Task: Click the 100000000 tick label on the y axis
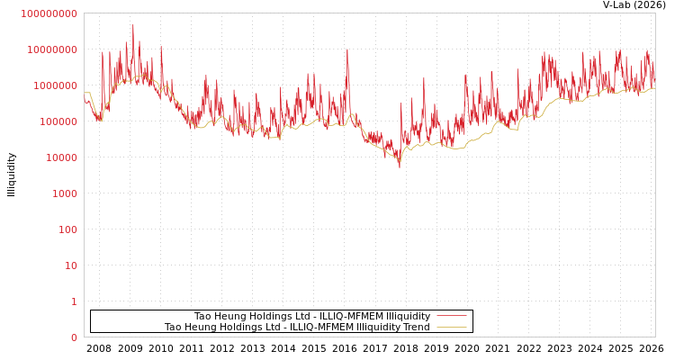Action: pyautogui.click(x=49, y=13)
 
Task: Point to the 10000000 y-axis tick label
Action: pyautogui.click(x=52, y=49)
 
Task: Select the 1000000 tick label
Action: pyautogui.click(x=55, y=85)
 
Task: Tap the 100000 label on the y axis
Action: pyautogui.click(x=58, y=121)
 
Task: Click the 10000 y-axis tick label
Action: pyautogui.click(x=60, y=157)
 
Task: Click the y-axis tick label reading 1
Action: pyautogui.click(x=74, y=301)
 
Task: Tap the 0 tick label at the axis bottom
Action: pyautogui.click(x=74, y=337)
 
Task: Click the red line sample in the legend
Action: pyautogui.click(x=451, y=316)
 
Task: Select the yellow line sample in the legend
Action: pyautogui.click(x=451, y=327)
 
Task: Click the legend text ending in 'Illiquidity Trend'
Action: pyautogui.click(x=297, y=327)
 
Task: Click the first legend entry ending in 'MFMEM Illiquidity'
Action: pyautogui.click(x=311, y=316)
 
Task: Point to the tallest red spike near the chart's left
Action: pyautogui.click(x=133, y=27)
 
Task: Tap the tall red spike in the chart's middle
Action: pyautogui.click(x=347, y=50)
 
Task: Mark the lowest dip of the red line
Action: pyautogui.click(x=400, y=166)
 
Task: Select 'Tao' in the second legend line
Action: pyautogui.click(x=173, y=327)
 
